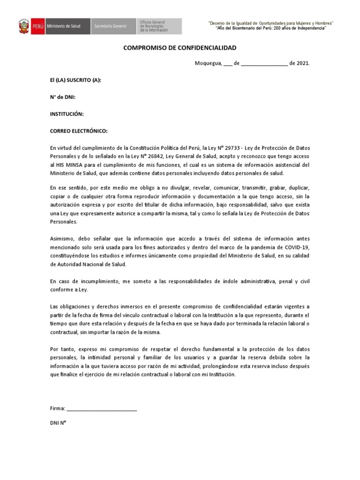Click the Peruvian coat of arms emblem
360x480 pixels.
[x=24, y=26]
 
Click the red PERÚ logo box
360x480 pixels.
[x=37, y=26]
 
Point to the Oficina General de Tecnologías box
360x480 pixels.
[x=159, y=26]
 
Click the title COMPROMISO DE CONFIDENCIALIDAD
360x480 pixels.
[x=180, y=48]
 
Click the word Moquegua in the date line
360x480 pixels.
[x=208, y=63]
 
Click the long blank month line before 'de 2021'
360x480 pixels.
[x=264, y=64]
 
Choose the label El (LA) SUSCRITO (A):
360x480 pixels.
[x=75, y=80]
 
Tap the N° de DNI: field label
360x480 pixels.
[x=63, y=97]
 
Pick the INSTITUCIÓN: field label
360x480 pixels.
[x=67, y=114]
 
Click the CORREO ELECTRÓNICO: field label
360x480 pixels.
[x=79, y=131]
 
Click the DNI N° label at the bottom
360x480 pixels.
[x=58, y=422]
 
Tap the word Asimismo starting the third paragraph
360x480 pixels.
[x=62, y=239]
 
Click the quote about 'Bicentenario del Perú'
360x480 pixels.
[x=270, y=29]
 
